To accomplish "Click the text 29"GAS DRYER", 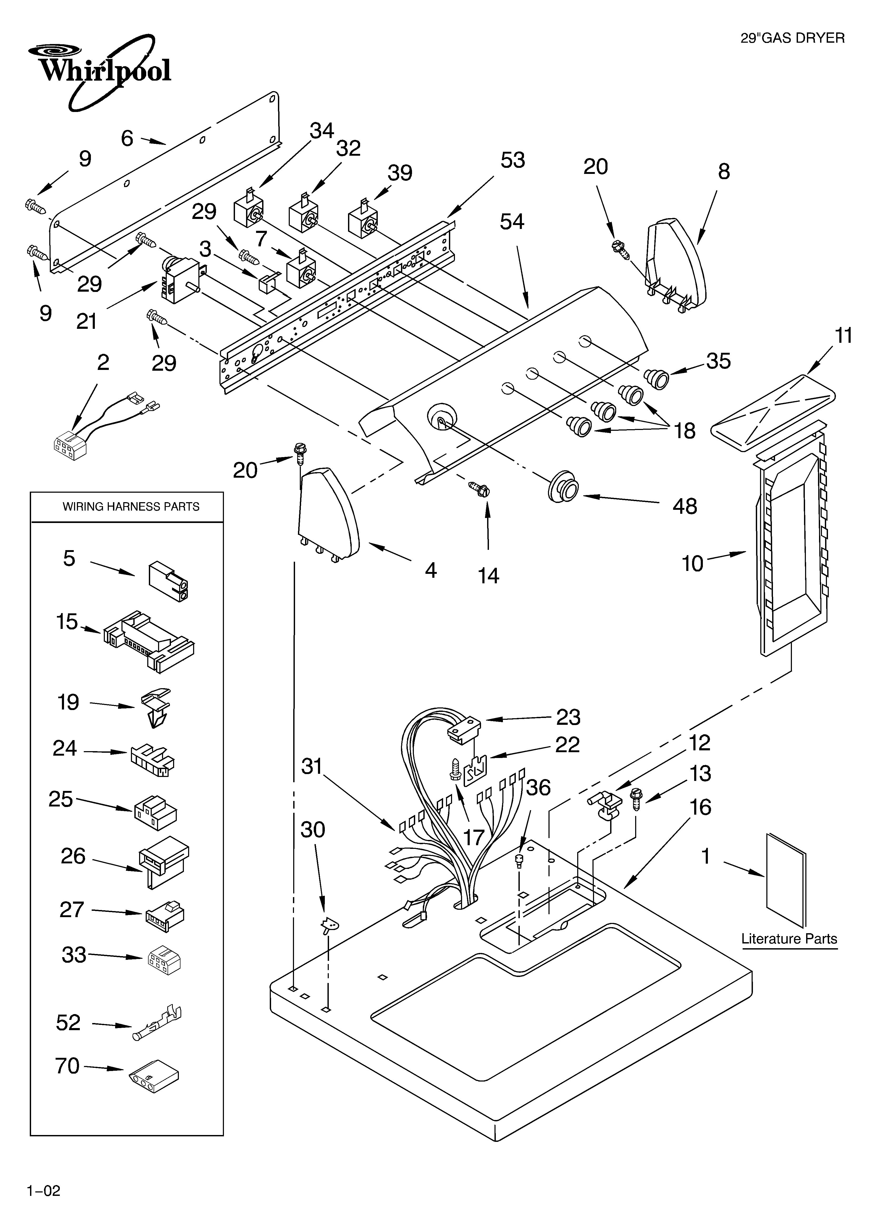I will tap(792, 38).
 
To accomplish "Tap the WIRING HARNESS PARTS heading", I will tap(130, 506).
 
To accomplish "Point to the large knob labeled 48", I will tap(563, 488).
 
